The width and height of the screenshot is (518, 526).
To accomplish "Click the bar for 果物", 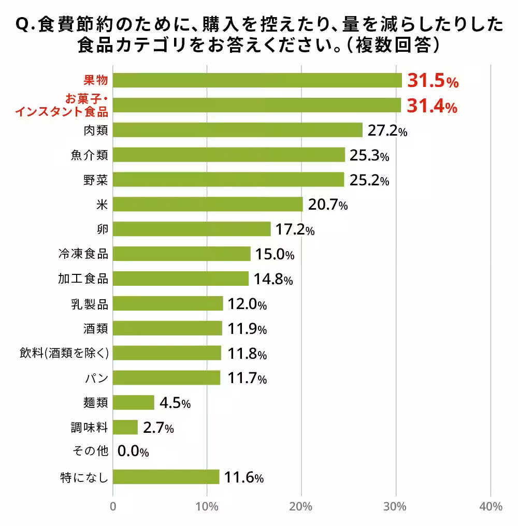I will point(257,80).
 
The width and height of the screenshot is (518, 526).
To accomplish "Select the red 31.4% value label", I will point(431,106).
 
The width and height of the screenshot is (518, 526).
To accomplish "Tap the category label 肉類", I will point(96,130).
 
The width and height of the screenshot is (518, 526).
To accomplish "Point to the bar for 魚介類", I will point(228,155).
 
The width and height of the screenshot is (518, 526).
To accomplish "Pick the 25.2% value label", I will point(369,180).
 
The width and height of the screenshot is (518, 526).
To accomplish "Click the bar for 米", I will point(208,204).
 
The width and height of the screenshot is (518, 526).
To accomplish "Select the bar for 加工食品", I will point(180,279).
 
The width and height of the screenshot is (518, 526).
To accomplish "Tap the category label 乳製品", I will point(90,303).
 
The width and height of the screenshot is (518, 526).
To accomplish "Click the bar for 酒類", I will point(167,328).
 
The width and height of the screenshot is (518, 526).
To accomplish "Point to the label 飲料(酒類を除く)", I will point(63,353).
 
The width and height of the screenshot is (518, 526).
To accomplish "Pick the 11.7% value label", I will point(247,378).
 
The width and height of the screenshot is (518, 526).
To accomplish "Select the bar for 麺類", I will point(134,402).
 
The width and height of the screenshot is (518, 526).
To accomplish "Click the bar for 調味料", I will point(125,427).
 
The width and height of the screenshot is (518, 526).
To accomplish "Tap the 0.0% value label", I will point(133,452).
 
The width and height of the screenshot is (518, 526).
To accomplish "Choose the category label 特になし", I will point(84,477).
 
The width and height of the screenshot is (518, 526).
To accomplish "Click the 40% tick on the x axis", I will point(491,506).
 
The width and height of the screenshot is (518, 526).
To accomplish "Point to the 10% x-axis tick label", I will point(207,506).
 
